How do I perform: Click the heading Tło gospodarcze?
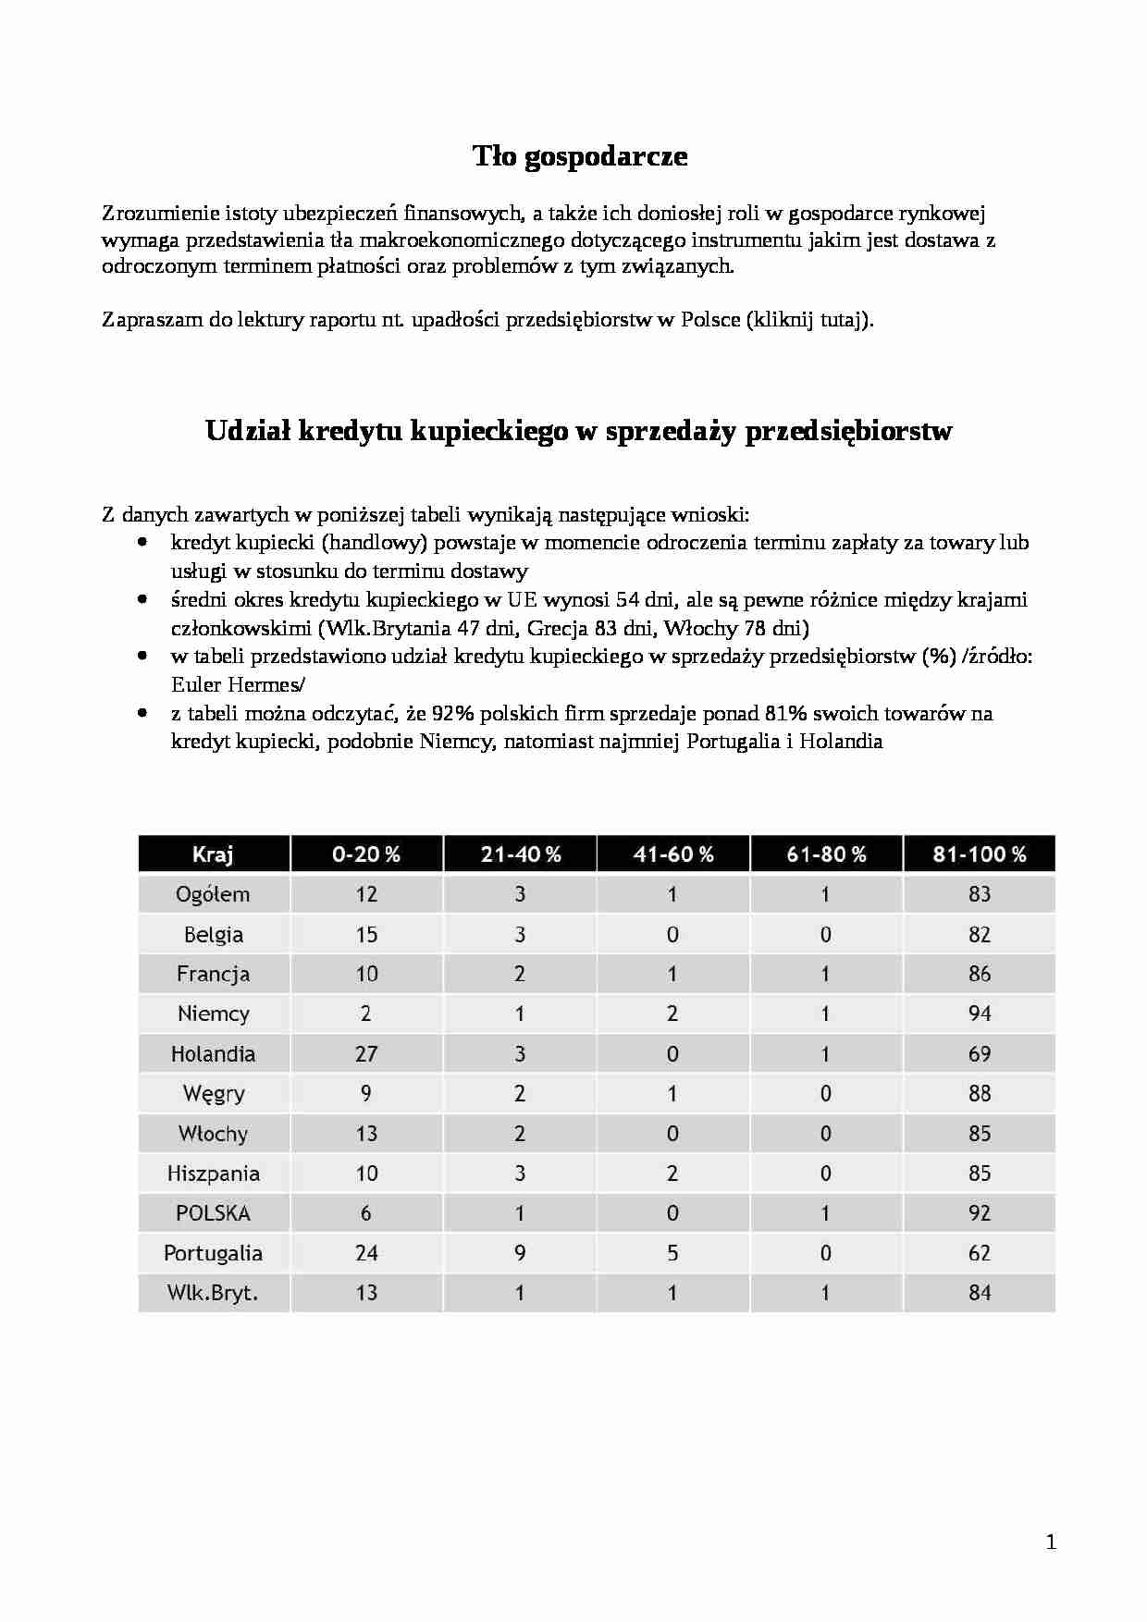[x=580, y=156]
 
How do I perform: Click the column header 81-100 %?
[x=979, y=854]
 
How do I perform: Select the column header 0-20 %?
[x=366, y=854]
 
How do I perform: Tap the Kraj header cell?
[x=213, y=854]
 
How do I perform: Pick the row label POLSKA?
[x=213, y=1212]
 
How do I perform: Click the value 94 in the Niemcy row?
[x=980, y=1014]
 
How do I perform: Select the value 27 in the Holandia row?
[x=366, y=1053]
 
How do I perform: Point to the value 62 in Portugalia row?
[x=980, y=1253]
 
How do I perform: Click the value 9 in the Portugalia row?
[x=520, y=1253]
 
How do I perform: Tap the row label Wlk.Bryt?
[x=213, y=1293]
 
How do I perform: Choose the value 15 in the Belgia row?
[x=366, y=934]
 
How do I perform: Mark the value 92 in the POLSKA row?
[x=980, y=1212]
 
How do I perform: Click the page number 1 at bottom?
[x=1050, y=1542]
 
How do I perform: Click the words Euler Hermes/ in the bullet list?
[x=238, y=685]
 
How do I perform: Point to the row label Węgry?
[x=214, y=1094]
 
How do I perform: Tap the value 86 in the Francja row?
[x=980, y=974]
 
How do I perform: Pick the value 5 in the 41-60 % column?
[x=672, y=1253]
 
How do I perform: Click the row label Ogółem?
[x=213, y=894]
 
